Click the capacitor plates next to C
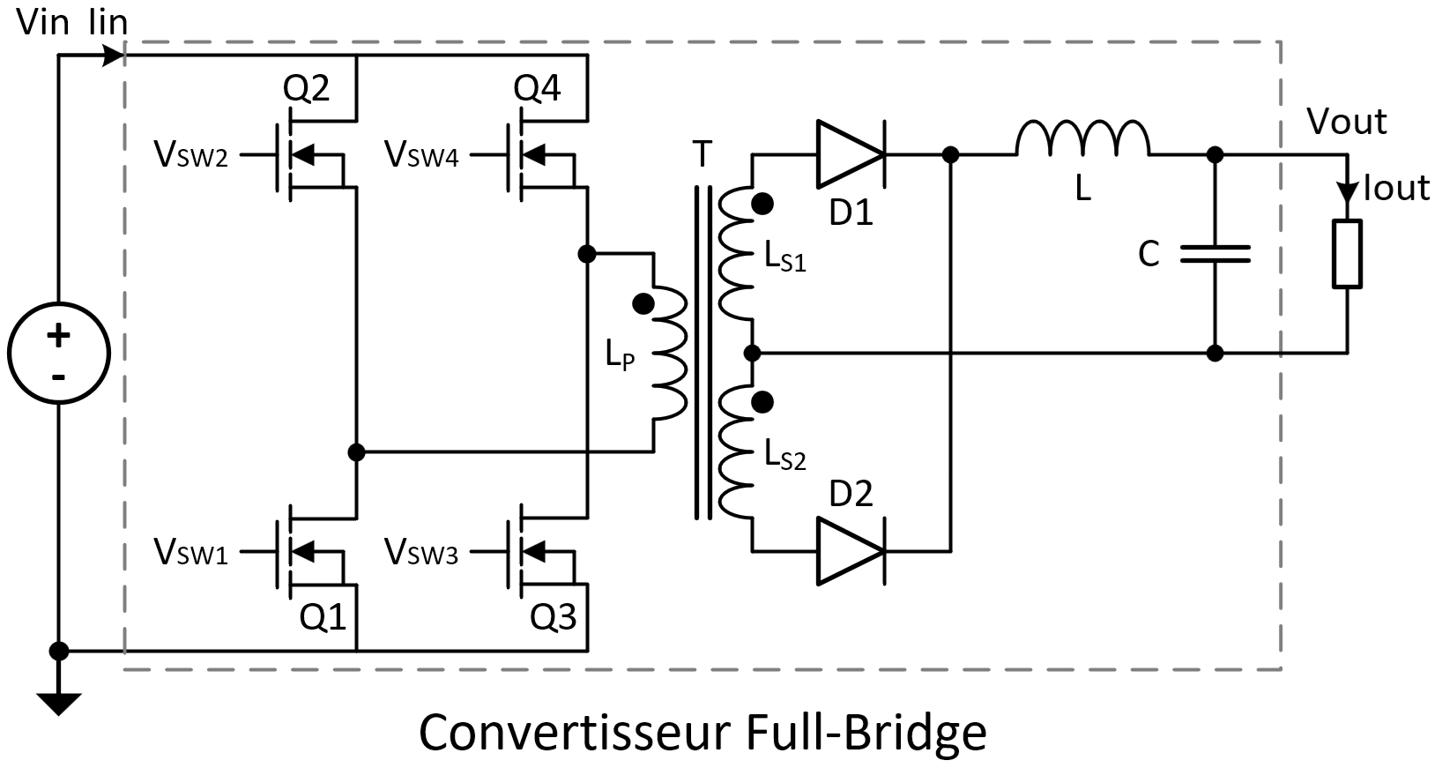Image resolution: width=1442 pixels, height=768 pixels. (x=1215, y=254)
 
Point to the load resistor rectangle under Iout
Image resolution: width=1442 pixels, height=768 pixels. (x=1347, y=254)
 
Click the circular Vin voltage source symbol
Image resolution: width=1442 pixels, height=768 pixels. (x=58, y=353)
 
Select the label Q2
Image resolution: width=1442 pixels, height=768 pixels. (x=306, y=88)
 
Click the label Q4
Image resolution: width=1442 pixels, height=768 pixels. (x=537, y=88)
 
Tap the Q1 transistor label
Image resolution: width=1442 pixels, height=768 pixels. (x=323, y=617)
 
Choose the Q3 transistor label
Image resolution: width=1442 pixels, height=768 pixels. (x=554, y=617)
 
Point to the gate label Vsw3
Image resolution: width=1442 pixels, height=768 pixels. (x=421, y=553)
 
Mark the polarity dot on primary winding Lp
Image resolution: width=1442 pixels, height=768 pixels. (x=643, y=304)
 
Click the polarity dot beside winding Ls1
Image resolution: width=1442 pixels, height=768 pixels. (x=763, y=204)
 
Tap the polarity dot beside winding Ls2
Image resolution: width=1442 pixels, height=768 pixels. (x=763, y=402)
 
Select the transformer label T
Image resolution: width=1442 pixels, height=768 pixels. (x=702, y=155)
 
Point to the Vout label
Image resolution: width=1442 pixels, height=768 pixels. (x=1346, y=122)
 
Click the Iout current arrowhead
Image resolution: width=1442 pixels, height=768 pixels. (x=1347, y=192)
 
